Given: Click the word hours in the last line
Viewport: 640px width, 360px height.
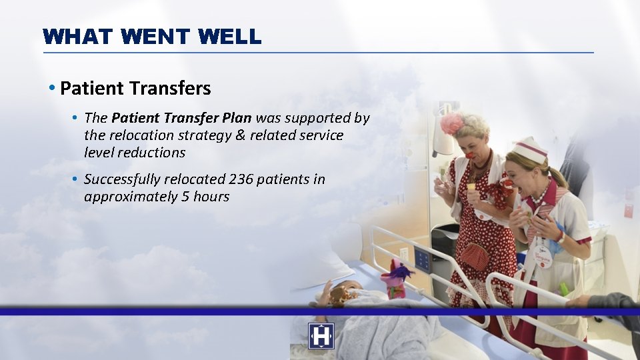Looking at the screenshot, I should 211,197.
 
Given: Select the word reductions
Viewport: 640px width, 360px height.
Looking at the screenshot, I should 152,153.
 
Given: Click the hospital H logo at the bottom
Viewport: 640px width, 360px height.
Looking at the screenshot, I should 321,336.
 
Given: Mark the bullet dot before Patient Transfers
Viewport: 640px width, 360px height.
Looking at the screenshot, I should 51,88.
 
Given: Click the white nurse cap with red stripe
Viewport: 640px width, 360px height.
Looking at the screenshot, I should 531,149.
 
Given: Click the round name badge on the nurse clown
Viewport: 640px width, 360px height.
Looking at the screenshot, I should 543,257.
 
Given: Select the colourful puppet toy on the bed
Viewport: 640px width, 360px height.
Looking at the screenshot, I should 395,277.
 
